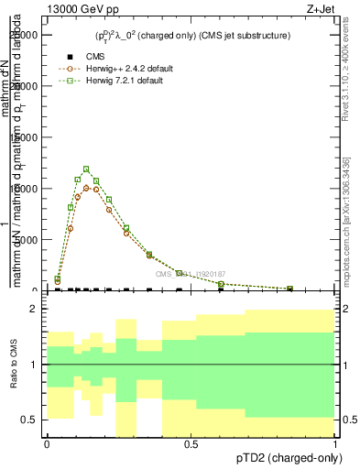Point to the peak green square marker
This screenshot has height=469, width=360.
(86, 169)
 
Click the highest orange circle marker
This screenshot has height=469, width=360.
(86, 188)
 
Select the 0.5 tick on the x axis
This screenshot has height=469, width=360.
(191, 444)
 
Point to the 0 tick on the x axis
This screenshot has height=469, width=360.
(47, 444)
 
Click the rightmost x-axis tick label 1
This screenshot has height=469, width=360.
(336, 444)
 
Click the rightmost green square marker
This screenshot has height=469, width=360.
(290, 289)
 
